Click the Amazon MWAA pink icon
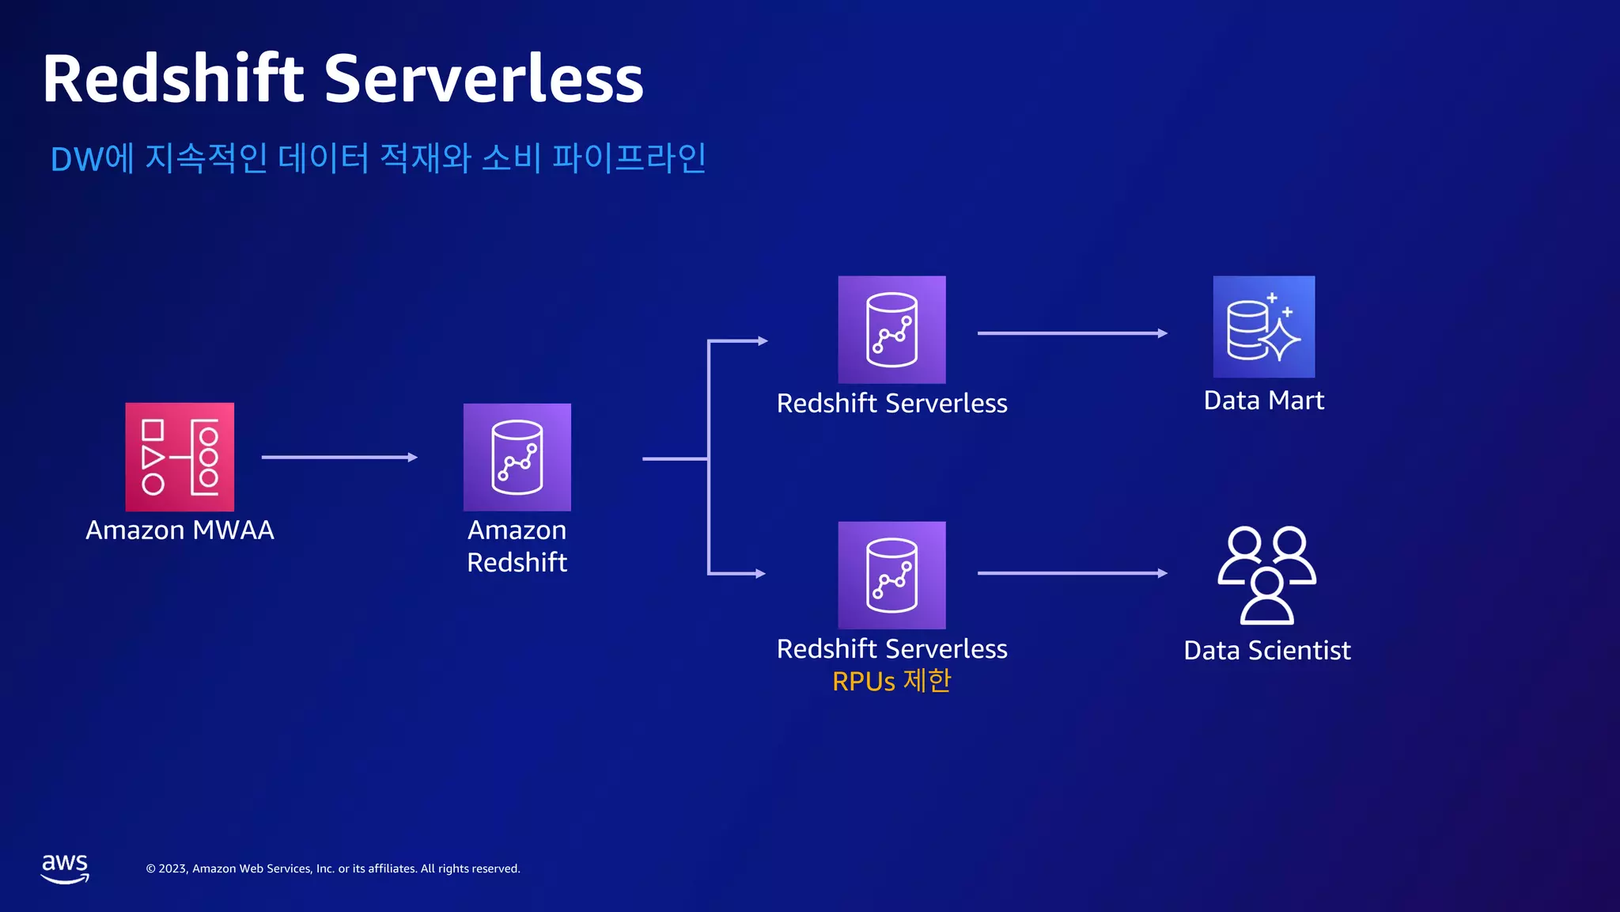180,457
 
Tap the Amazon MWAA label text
180,530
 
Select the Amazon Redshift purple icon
517,457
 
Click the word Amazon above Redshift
517,530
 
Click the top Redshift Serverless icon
891,329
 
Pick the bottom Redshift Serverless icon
891,575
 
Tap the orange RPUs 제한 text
891,681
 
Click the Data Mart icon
1263,326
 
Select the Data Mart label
1263,401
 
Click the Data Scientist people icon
1266,575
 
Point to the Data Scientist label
1266,651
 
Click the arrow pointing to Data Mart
1072,333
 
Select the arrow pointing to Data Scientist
1072,573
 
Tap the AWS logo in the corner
65,868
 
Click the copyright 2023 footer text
332,868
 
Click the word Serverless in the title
483,79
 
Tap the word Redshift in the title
173,79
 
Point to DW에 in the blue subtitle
92,158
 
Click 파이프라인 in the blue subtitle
629,158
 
